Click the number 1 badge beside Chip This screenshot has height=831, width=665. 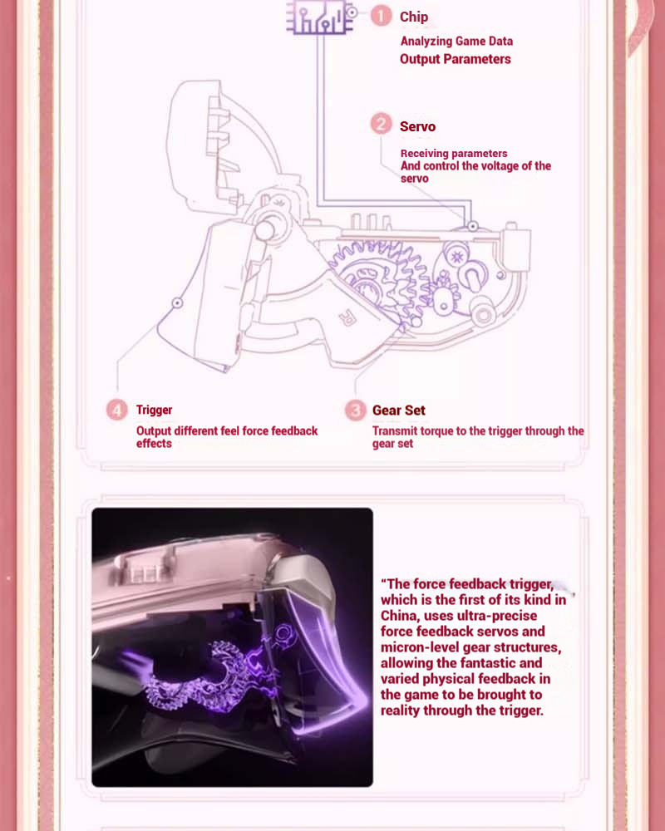pos(381,16)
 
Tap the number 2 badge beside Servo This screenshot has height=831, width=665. pos(381,125)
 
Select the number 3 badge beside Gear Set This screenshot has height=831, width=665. pos(355,411)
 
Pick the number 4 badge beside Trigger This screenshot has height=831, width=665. pos(117,410)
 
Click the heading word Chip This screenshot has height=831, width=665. pos(414,17)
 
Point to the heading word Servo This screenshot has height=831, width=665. pos(417,126)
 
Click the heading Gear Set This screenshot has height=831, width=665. pos(398,411)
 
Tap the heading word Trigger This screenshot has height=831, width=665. pos(154,410)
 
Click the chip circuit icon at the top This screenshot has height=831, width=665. pos(318,17)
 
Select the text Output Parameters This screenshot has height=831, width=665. pos(455,59)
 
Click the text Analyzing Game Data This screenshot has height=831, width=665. pos(456,41)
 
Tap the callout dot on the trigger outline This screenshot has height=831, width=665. pos(176,303)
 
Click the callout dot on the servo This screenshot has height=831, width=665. pos(471,226)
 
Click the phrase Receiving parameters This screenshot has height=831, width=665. pos(453,154)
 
